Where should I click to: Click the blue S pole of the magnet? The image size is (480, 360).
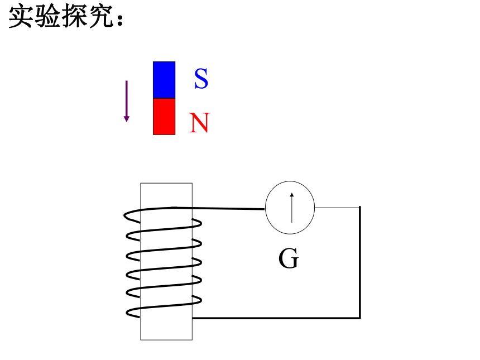pyautogui.click(x=164, y=80)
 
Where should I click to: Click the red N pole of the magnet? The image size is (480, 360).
pyautogui.click(x=164, y=117)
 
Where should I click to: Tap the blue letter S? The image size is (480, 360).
pyautogui.click(x=201, y=79)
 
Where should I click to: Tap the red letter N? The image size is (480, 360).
pyautogui.click(x=200, y=123)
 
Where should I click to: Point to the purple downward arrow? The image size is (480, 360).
pyautogui.click(x=127, y=102)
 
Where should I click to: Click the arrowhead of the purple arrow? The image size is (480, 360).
pyautogui.click(x=127, y=119)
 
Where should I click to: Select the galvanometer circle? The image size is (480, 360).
pyautogui.click(x=290, y=181)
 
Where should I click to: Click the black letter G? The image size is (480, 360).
pyautogui.click(x=289, y=258)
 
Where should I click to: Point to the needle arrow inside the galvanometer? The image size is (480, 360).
pyautogui.click(x=292, y=208)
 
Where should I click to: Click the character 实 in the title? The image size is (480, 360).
pyautogui.click(x=21, y=17)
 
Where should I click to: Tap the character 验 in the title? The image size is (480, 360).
pyautogui.click(x=47, y=17)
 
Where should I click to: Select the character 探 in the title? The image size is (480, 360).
pyautogui.click(x=74, y=17)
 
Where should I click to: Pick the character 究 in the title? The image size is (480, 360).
pyautogui.click(x=102, y=17)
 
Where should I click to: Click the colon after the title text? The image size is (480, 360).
pyautogui.click(x=119, y=19)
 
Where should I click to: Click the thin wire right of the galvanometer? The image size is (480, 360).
pyautogui.click(x=337, y=208)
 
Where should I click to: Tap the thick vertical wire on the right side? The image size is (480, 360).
pyautogui.click(x=360, y=262)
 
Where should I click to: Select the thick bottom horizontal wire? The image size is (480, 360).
pyautogui.click(x=276, y=318)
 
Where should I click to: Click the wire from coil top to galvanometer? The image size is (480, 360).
pyautogui.click(x=218, y=208)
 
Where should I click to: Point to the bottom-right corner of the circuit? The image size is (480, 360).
pyautogui.click(x=360, y=318)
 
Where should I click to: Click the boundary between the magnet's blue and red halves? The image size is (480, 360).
pyautogui.click(x=164, y=99)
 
